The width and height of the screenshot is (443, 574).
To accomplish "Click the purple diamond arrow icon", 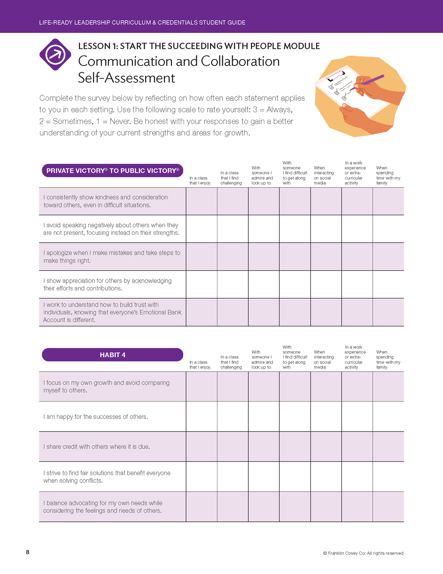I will [55, 55].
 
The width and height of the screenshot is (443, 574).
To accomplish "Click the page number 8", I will [28, 552].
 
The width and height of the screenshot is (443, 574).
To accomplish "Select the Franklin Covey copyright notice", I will [363, 553].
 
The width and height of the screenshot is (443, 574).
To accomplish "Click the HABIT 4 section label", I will [113, 355].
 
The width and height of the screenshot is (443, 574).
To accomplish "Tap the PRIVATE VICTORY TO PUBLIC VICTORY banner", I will [113, 171].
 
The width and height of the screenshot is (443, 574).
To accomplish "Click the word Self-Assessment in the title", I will [126, 78].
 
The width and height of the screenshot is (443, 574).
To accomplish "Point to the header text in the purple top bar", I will [142, 22].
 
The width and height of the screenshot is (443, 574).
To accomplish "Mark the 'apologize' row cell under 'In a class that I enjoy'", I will [201, 257].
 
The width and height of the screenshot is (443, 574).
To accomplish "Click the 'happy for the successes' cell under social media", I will [326, 417].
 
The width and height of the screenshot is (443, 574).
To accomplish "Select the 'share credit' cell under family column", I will [388, 447].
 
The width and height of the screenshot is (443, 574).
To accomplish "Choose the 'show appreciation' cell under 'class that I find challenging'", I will [233, 284].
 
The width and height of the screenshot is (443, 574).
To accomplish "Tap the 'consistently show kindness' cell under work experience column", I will [357, 201].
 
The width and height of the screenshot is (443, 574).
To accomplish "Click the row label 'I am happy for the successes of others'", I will [96, 417].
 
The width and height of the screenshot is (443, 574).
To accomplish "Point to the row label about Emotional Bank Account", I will [112, 312].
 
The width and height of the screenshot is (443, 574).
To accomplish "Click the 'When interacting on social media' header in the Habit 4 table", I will [324, 359].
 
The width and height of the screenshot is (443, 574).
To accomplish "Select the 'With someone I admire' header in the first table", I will [262, 175].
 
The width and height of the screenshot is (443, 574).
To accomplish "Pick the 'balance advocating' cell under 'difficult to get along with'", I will [295, 507].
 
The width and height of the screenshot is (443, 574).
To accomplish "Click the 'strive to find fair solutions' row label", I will [107, 477].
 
